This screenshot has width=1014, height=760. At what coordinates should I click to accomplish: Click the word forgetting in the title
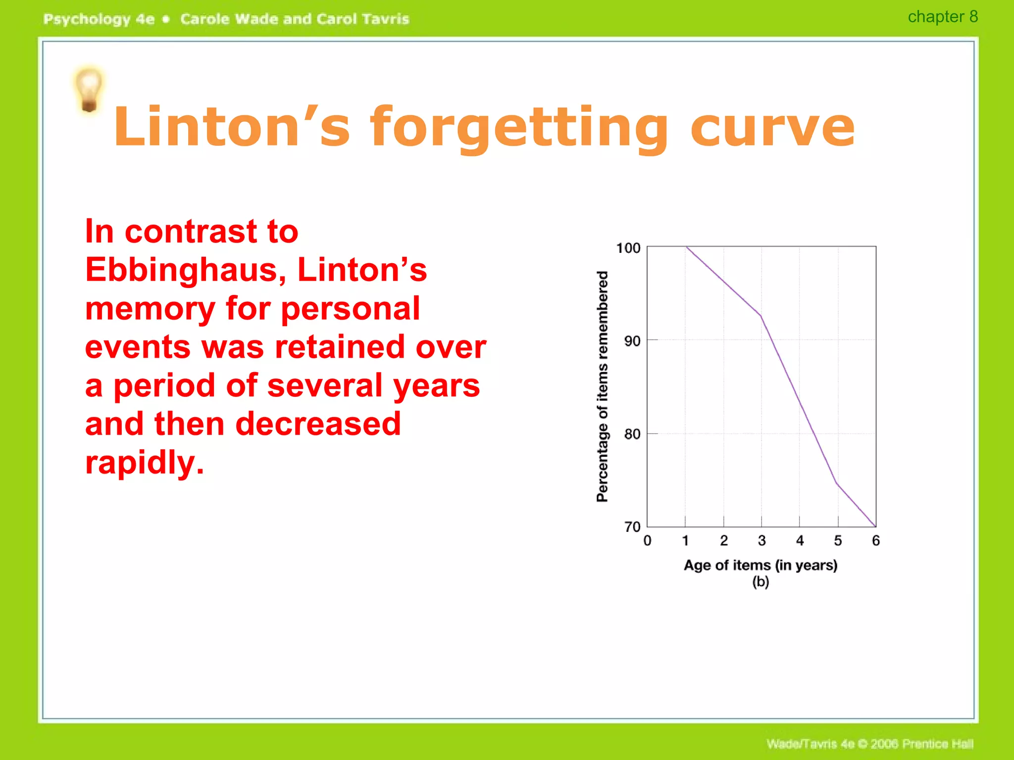[x=519, y=128]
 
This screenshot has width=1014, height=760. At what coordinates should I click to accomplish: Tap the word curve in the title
[x=772, y=128]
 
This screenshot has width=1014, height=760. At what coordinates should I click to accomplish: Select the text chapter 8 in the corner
[x=942, y=17]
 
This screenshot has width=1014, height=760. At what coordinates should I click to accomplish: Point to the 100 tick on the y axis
[x=628, y=248]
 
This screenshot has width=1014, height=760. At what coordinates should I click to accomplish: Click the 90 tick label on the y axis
[x=632, y=341]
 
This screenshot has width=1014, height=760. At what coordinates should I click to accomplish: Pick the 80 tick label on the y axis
[x=632, y=434]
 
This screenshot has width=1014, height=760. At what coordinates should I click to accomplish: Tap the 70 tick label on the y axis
[x=632, y=527]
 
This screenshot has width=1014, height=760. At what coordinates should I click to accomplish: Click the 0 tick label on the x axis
[x=647, y=541]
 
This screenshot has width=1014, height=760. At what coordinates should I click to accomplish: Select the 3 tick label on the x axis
[x=761, y=541]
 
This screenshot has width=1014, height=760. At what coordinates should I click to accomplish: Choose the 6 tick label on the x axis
[x=876, y=541]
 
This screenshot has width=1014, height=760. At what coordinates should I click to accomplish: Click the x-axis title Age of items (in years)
[x=760, y=565]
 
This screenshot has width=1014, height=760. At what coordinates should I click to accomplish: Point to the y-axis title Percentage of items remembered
[x=602, y=386]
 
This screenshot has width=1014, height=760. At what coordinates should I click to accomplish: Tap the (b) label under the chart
[x=760, y=582]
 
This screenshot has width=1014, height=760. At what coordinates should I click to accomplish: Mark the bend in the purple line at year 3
[x=760, y=316]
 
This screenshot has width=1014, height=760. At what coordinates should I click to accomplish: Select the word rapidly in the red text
[x=144, y=463]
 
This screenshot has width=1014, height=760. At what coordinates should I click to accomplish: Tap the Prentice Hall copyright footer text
[x=869, y=744]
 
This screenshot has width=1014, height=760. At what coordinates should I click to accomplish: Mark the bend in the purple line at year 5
[x=837, y=482]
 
